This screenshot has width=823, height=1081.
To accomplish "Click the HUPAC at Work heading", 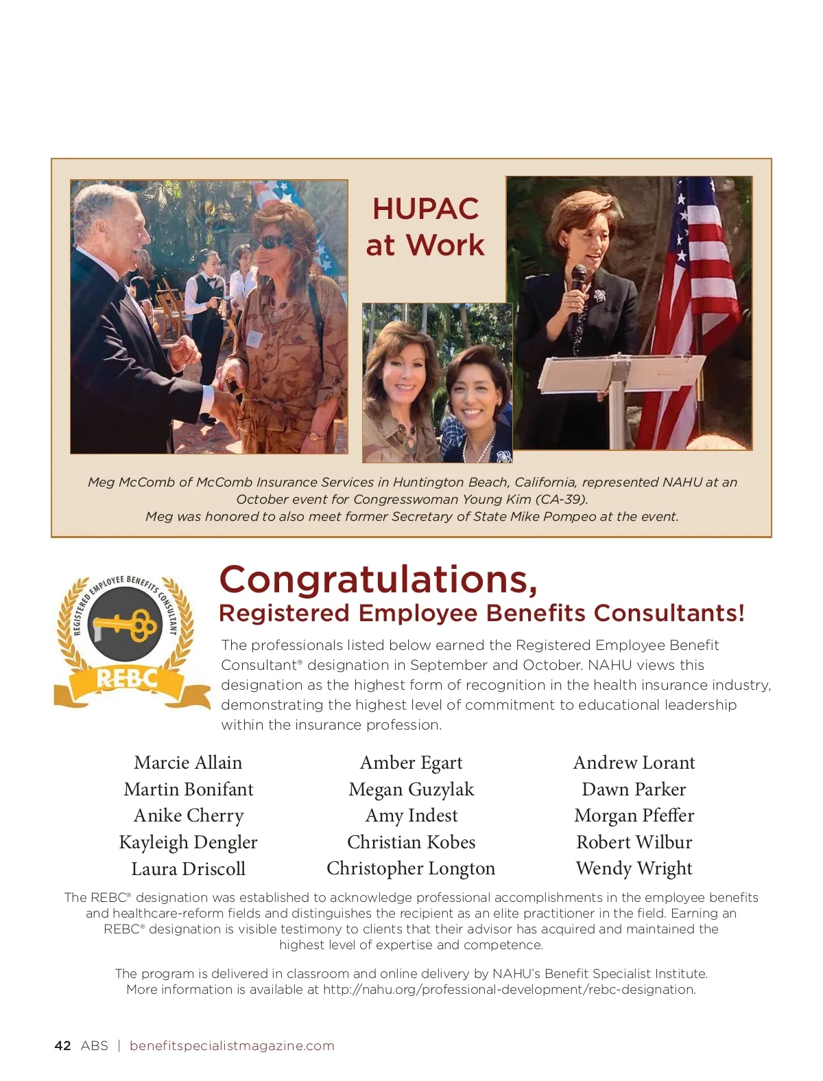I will coord(425,226).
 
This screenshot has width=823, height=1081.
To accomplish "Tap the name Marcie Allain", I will coord(188,763).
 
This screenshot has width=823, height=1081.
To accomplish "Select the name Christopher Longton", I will coord(411,868).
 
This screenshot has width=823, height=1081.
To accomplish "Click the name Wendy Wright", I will coord(634,868).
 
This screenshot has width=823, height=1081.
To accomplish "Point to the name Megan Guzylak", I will coord(411,789).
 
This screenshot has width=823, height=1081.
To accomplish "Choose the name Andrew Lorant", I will coord(634,763).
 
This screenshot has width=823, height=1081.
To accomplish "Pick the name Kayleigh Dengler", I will coord(188,842).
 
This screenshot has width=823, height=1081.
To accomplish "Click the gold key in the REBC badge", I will coord(128,624).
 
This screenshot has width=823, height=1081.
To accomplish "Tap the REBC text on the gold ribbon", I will coord(128,679).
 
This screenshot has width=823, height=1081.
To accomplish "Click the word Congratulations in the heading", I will coord(377,580).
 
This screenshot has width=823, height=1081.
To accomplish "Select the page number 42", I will coord(62,1046).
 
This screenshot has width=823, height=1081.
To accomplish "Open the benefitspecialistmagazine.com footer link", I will coord(232,1046).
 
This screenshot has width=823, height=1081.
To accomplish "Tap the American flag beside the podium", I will coord(693,309).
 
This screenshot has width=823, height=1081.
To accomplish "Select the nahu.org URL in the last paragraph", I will coord(509,990).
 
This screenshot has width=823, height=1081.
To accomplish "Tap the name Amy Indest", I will coord(411,815).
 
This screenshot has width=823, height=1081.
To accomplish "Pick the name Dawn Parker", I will coord(634,789).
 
